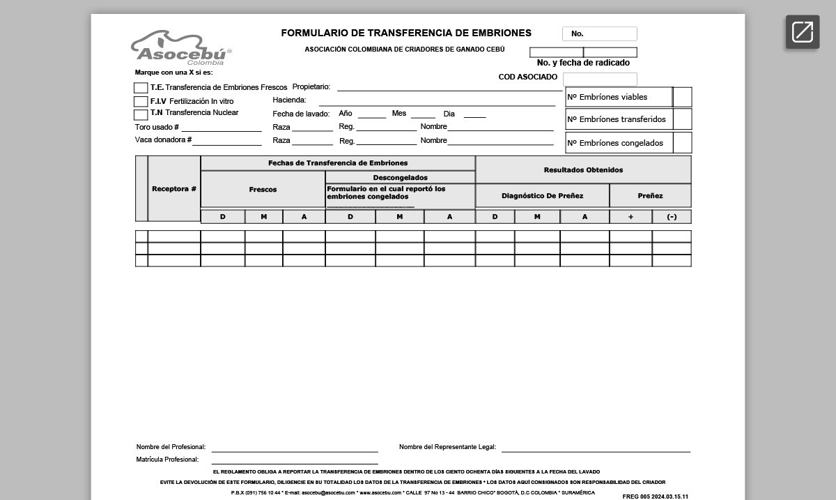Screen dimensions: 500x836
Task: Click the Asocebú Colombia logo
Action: (180, 48)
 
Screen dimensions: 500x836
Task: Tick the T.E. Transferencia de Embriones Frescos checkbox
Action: (141, 88)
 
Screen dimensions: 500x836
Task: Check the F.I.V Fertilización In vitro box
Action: (141, 102)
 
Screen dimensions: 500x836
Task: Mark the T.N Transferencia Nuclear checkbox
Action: (141, 114)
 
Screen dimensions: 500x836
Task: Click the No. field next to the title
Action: (600, 33)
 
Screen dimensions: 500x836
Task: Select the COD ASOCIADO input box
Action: (600, 79)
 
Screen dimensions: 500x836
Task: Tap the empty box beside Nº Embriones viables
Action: (683, 97)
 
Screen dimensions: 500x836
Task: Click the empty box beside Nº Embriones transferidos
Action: (683, 119)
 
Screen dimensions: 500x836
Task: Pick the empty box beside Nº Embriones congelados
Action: (683, 143)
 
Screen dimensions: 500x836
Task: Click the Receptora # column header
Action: (174, 189)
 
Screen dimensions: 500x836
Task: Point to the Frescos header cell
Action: (263, 190)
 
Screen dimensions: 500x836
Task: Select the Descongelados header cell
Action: (400, 178)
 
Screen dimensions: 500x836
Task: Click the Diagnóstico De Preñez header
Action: (542, 196)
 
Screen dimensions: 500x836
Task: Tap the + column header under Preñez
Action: (630, 217)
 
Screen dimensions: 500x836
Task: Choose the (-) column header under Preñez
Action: (672, 217)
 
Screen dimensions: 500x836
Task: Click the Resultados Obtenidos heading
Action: (583, 170)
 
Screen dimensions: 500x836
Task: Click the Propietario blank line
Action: (449, 88)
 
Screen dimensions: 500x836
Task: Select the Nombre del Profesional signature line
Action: (295, 448)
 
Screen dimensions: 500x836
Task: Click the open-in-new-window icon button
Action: (803, 32)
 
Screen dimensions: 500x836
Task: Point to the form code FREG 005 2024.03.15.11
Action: (655, 496)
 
